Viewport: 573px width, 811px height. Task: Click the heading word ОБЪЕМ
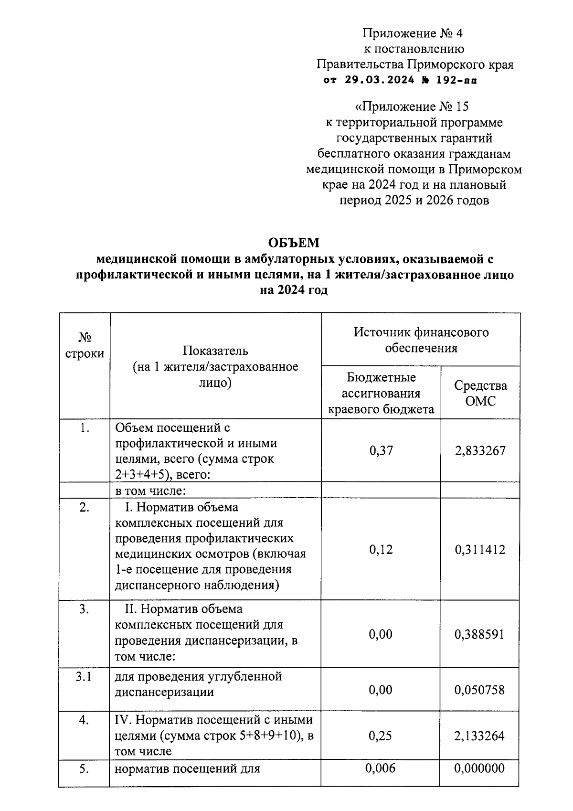[x=293, y=243]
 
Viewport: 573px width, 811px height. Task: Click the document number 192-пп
[x=456, y=80]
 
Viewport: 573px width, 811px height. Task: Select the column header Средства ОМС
[x=480, y=393]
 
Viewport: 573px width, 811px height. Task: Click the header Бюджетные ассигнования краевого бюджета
[x=381, y=393]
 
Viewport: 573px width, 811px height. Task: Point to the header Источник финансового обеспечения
[x=421, y=340]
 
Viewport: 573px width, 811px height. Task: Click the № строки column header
[x=85, y=345]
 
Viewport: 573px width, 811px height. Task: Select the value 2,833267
[x=480, y=451]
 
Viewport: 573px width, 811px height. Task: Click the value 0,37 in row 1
[x=381, y=451]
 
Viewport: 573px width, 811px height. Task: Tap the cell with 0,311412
[x=480, y=550]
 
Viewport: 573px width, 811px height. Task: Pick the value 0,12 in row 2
[x=381, y=550]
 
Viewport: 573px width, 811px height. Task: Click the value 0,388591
[x=480, y=634]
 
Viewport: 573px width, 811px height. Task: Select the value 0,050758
[x=480, y=690]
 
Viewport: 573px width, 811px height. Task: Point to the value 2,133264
[x=480, y=736]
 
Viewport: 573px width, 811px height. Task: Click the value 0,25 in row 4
[x=381, y=736]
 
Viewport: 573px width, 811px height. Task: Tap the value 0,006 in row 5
[x=381, y=768]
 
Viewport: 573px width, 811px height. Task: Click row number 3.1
[x=85, y=676]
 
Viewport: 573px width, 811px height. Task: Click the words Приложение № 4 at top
[x=413, y=33]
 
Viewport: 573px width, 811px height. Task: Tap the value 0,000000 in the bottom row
[x=480, y=768]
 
